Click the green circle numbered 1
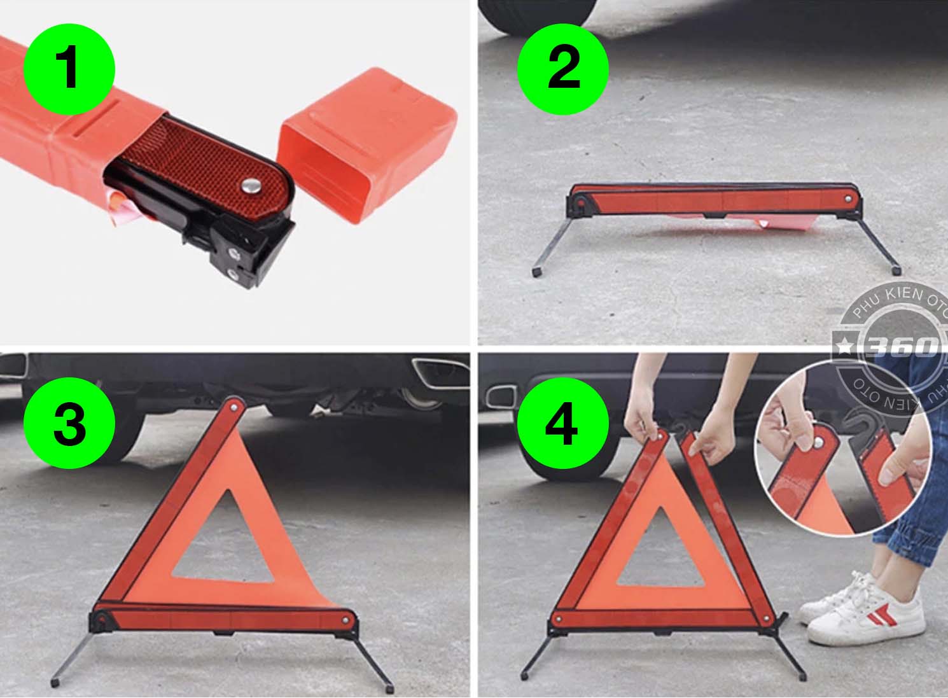[x=69, y=69]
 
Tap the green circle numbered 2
[x=563, y=69]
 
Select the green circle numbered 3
[x=69, y=423]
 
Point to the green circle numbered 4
[x=563, y=423]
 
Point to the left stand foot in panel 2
[x=538, y=271]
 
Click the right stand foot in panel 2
[x=896, y=269]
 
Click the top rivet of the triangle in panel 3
[x=234, y=408]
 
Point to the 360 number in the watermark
[x=902, y=346]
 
